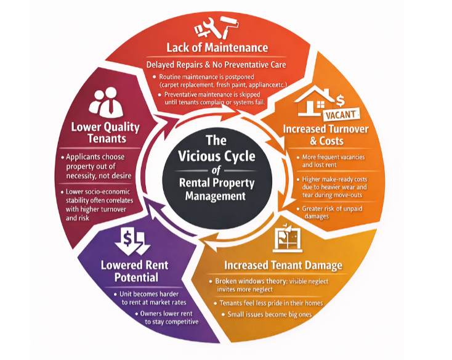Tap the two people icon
[105, 102]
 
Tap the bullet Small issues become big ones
[268, 315]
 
